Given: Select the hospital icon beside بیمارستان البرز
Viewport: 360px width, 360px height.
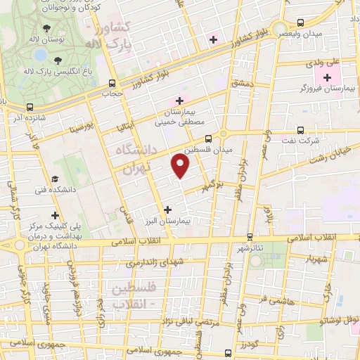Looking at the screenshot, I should pos(167,210).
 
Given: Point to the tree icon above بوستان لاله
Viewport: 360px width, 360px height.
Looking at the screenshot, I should pos(46,29).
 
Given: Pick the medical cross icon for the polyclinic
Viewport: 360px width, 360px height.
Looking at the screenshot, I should pos(54,215).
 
